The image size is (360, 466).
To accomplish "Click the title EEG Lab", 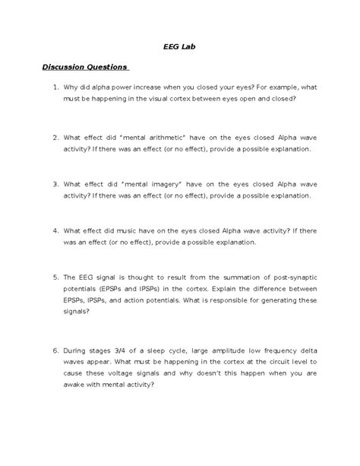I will [x=179, y=46].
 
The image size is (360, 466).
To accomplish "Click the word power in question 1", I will [x=123, y=88].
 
